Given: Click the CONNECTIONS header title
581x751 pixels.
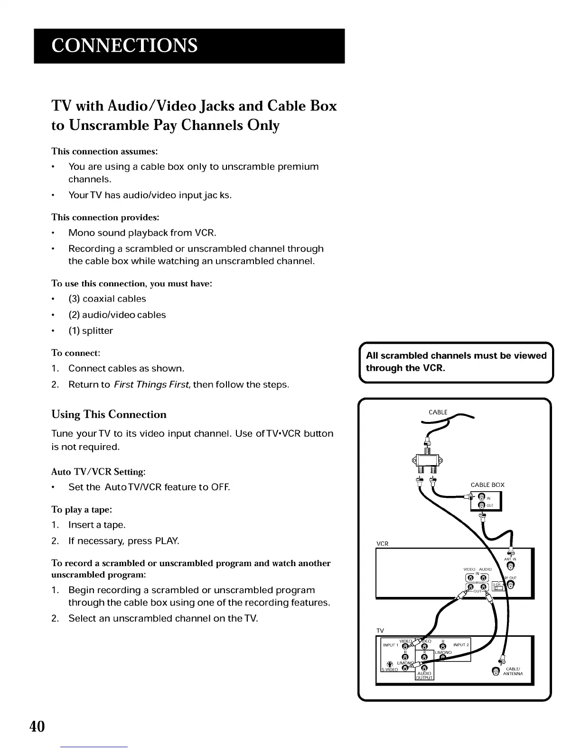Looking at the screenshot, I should point(125,46).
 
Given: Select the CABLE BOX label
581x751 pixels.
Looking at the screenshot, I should point(487,485).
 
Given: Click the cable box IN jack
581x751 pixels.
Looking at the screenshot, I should point(481,497).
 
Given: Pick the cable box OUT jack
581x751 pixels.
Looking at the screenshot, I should point(481,505).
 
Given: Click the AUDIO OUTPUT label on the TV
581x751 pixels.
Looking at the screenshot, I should point(424,675).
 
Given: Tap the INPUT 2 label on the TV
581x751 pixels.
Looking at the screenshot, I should point(461,645).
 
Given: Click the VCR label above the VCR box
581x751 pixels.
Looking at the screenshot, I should point(382,543).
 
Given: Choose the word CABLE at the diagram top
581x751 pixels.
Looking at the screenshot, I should point(438,412).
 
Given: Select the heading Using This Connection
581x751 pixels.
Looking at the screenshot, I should point(109,414).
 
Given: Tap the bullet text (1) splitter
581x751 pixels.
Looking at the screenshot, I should point(90,330).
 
